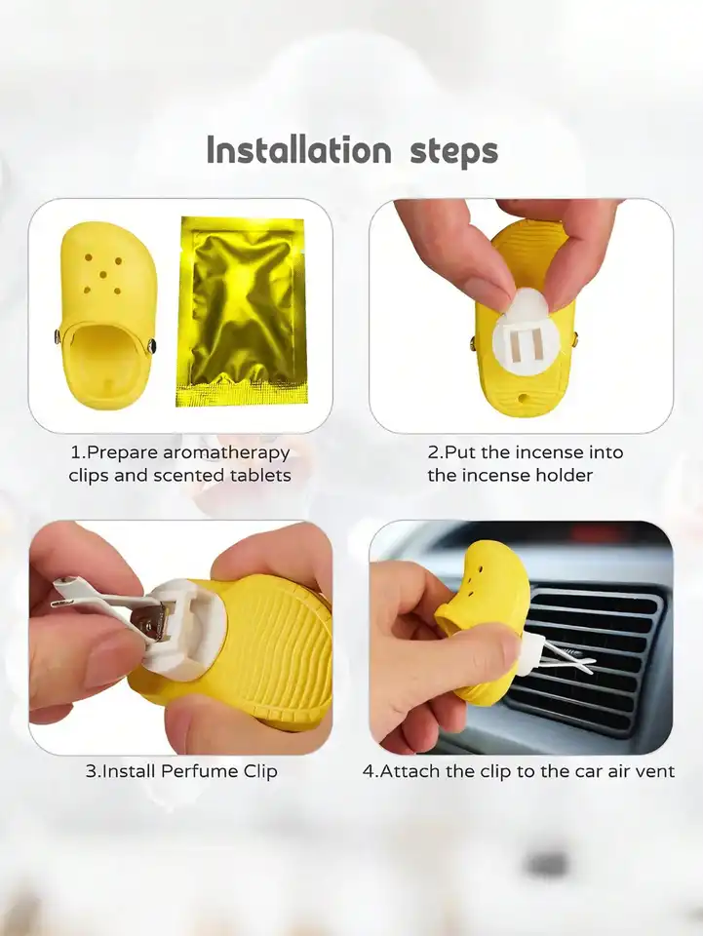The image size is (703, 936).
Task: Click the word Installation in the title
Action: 299,150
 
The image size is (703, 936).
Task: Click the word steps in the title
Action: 453,153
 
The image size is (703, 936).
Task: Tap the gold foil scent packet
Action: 242,311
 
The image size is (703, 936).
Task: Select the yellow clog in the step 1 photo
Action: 108,315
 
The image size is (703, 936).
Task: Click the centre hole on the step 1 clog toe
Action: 103,275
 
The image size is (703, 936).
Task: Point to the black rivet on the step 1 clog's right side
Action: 152,344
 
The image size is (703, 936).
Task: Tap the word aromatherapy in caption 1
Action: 226,453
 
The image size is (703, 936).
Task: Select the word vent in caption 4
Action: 655,772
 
